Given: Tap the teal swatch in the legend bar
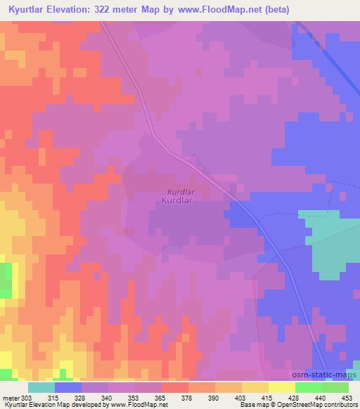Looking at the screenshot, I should (x=41, y=387).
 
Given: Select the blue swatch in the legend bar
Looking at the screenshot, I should (x=68, y=387).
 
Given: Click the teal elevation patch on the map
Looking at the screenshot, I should (x=330, y=239).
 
